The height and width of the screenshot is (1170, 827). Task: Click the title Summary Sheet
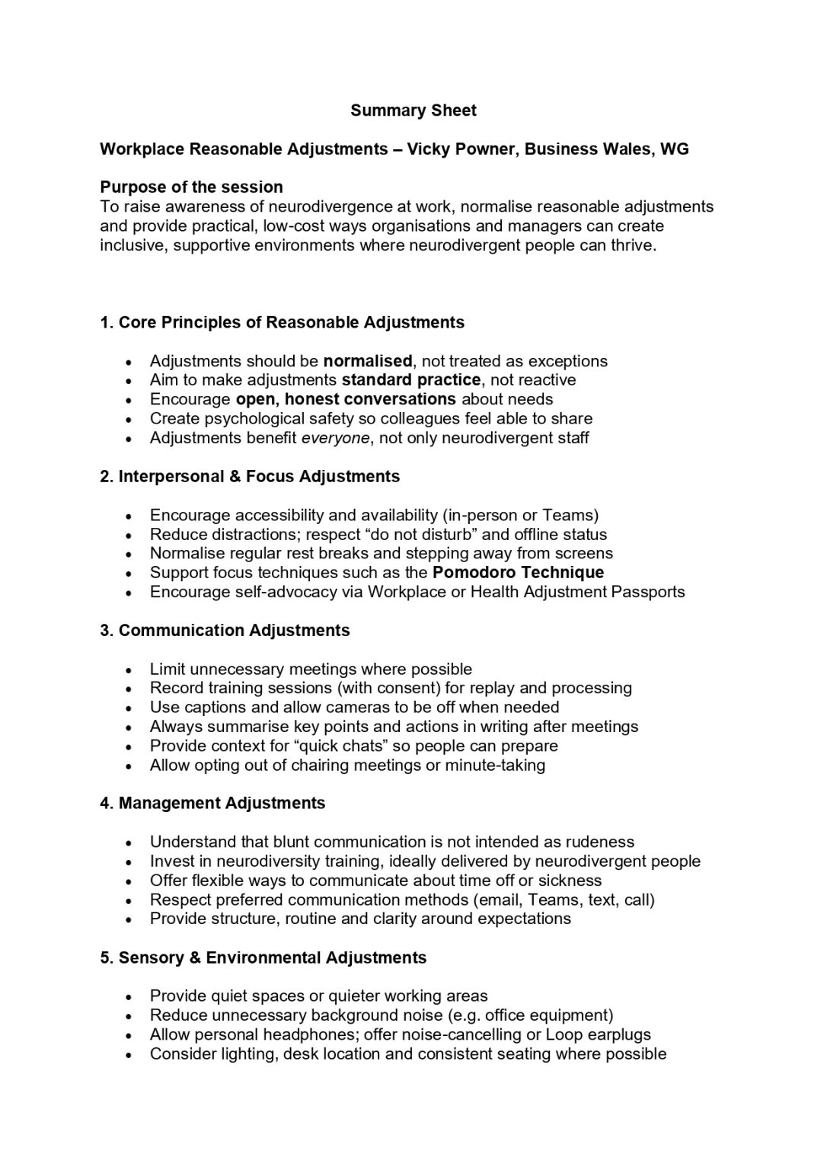pyautogui.click(x=413, y=110)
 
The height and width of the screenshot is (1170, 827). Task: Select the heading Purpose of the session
pyautogui.click(x=191, y=187)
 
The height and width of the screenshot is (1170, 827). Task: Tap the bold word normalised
pyautogui.click(x=368, y=361)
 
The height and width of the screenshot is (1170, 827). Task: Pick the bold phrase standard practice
pyautogui.click(x=411, y=380)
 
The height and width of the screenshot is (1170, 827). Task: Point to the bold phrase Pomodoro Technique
pyautogui.click(x=518, y=573)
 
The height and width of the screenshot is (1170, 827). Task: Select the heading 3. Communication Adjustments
pyautogui.click(x=225, y=631)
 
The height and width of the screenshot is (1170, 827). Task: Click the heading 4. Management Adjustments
pyautogui.click(x=212, y=804)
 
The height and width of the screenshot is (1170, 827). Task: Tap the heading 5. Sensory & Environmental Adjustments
pyautogui.click(x=263, y=958)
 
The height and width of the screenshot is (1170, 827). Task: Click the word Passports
pyautogui.click(x=648, y=592)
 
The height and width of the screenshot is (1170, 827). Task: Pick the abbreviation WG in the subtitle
pyautogui.click(x=674, y=149)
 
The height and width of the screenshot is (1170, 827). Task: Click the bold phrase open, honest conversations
pyautogui.click(x=346, y=399)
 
